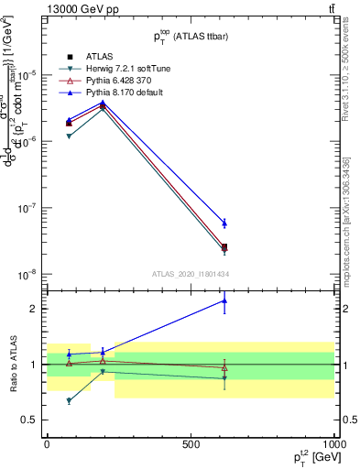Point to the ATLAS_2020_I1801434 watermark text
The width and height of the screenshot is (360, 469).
tap(190, 274)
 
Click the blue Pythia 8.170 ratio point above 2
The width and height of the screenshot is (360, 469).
tap(224, 300)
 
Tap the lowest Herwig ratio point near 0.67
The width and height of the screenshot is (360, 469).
tap(69, 400)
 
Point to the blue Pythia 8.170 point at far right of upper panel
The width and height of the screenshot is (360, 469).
tap(224, 223)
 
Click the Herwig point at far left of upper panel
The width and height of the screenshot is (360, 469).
tap(69, 136)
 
